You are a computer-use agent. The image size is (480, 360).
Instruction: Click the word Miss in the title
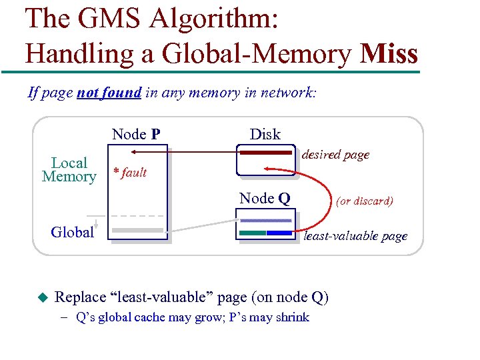[x=388, y=53]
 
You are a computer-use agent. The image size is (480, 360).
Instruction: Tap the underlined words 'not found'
[x=109, y=93]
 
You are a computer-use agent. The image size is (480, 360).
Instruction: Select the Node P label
[x=136, y=134]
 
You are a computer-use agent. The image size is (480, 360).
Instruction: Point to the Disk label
[x=265, y=134]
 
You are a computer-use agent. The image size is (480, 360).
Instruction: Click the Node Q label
[x=265, y=198]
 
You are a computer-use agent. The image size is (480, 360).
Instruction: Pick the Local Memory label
[x=69, y=170]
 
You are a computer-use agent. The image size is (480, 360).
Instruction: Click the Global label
[x=72, y=232]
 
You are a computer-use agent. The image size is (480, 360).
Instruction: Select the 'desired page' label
[x=335, y=155]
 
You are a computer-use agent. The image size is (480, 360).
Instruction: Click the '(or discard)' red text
[x=364, y=201]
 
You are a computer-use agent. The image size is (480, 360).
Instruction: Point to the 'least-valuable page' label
[x=355, y=236]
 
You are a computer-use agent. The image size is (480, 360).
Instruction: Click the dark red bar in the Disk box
[x=265, y=153]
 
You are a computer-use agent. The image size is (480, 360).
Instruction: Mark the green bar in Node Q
[x=253, y=233]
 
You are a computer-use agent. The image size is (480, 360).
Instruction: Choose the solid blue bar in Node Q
[x=279, y=233]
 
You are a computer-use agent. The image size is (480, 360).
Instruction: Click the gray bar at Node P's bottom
[x=137, y=230]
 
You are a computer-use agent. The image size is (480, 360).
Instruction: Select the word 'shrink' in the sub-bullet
[x=291, y=317]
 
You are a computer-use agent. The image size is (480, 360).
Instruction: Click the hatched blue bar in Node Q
[x=265, y=221]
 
